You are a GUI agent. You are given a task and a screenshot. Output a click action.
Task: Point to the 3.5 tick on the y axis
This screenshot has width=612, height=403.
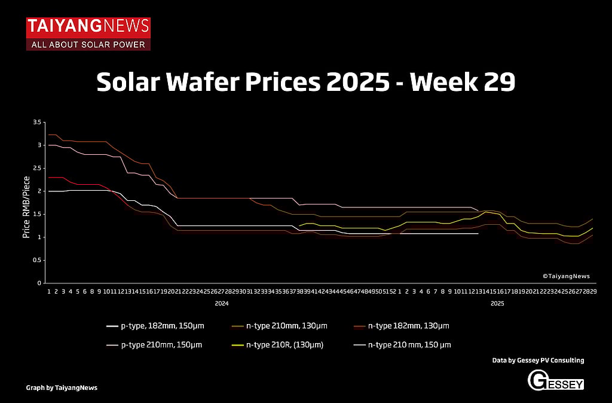pos(37,123)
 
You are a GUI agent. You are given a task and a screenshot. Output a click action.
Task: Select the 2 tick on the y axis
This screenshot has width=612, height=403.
pos(39,191)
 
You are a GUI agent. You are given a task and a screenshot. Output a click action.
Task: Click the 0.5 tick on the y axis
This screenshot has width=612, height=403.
pos(37,260)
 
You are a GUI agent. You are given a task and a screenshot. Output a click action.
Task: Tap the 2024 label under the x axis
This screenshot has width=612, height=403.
pos(222,304)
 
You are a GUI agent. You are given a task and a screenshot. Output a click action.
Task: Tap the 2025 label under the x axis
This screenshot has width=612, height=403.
pos(497,304)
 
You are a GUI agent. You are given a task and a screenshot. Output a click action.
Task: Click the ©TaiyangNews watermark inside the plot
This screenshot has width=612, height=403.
pos(566,276)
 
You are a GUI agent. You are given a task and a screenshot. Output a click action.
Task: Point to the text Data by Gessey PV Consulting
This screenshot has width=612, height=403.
pos(538,361)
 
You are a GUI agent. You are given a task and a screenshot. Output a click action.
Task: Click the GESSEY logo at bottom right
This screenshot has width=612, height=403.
pos(555,380)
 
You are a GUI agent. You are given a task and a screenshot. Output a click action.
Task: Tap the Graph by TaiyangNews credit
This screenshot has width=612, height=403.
pos(62,387)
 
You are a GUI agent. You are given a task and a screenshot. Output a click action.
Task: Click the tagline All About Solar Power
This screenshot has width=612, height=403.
pos(88,45)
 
